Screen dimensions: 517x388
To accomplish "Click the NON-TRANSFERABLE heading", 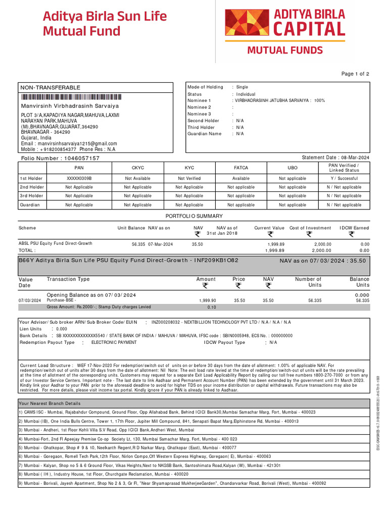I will pyautogui.click(x=50, y=88).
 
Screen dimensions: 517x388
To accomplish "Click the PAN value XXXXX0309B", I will pyautogui.click(x=79, y=178).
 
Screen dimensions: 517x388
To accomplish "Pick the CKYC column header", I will pyautogui.click(x=137, y=167).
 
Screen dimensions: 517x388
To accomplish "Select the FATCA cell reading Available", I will pyautogui.click(x=241, y=178).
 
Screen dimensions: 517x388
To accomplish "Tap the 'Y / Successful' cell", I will pyautogui.click(x=344, y=178).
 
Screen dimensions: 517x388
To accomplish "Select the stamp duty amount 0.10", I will pyautogui.click(x=211, y=307).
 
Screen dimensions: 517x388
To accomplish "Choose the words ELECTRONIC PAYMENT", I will pyautogui.click(x=114, y=342).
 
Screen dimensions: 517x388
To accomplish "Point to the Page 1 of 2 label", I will pyautogui.click(x=355, y=74).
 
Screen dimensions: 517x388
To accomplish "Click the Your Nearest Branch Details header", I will pyautogui.click(x=50, y=404).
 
